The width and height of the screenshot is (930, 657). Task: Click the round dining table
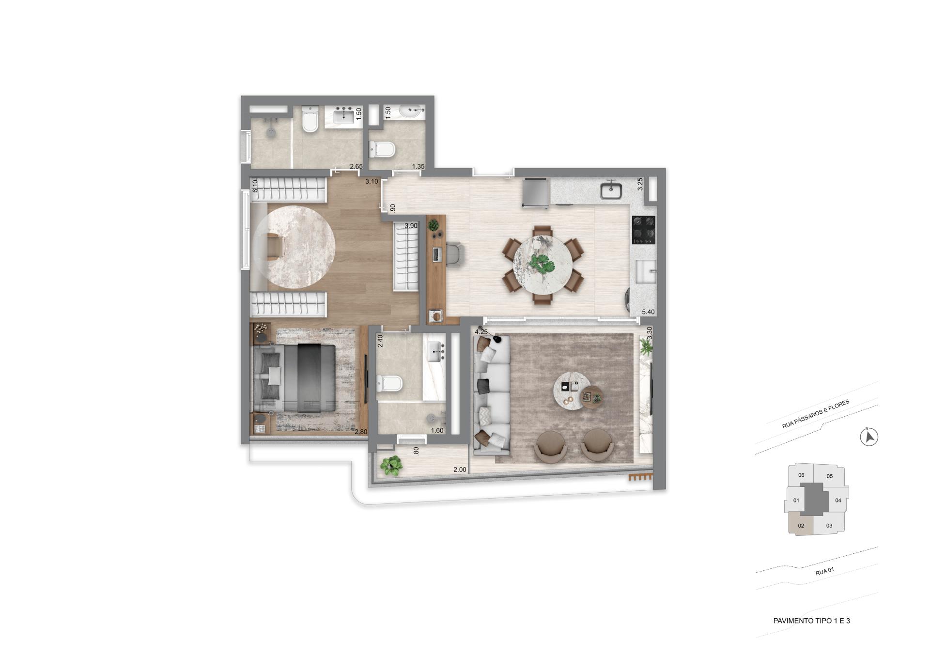(x=542, y=265)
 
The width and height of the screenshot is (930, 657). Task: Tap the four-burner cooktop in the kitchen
(x=644, y=230)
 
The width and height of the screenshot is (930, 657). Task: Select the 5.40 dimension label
(x=648, y=312)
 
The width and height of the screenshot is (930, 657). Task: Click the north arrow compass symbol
(x=869, y=437)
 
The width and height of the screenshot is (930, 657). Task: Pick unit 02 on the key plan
(x=801, y=526)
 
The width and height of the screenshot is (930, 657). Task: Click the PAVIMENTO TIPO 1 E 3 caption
(x=811, y=621)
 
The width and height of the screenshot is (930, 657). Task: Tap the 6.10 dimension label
(x=255, y=187)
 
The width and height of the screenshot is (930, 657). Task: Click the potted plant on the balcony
(x=391, y=466)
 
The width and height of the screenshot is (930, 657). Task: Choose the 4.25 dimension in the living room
(x=481, y=332)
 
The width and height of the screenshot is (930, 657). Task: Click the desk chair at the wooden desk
(x=454, y=254)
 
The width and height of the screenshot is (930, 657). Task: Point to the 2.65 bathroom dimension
(x=356, y=167)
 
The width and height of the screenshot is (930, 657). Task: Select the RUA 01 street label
(x=824, y=572)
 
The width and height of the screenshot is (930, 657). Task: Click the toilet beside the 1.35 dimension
(x=382, y=149)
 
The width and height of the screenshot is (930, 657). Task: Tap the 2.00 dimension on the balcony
(x=460, y=469)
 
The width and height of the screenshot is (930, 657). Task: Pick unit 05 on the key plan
(x=830, y=476)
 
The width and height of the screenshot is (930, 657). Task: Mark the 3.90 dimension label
(x=411, y=226)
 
